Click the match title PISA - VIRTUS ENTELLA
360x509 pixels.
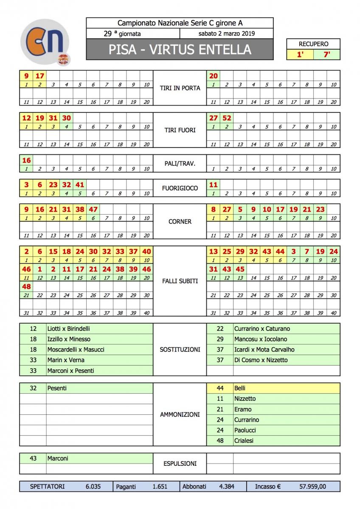(x=180, y=50)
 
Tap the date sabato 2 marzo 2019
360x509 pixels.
(x=226, y=34)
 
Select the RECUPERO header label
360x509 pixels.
(x=313, y=44)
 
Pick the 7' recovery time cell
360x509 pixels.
(x=327, y=55)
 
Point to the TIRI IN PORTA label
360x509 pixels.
(x=180, y=88)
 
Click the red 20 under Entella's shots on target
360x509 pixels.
(x=213, y=76)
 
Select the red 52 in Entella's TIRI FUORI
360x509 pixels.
(x=227, y=118)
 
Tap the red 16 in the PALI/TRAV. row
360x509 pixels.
(x=26, y=160)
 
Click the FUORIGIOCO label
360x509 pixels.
(x=180, y=188)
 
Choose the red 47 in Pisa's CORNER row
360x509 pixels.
(x=93, y=209)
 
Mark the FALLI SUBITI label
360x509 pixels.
(x=180, y=281)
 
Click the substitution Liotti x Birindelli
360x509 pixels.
(x=68, y=329)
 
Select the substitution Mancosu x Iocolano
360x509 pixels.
(x=260, y=339)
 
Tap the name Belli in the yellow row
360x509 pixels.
(x=240, y=388)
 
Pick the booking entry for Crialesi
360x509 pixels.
(x=244, y=441)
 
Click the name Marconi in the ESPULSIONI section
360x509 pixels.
(x=58, y=459)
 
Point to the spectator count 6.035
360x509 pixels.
(x=93, y=487)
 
